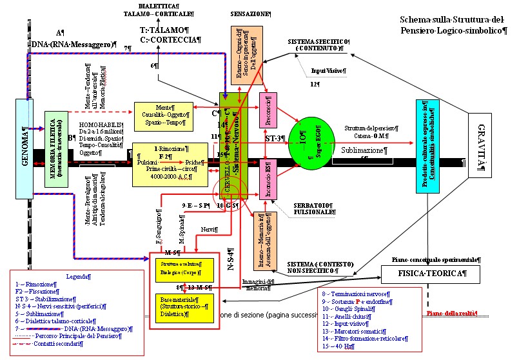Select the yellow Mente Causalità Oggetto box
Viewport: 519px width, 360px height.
(x=163, y=115)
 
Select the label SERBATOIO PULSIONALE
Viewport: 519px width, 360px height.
(x=296, y=208)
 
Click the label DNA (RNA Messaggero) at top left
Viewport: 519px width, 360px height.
(x=61, y=43)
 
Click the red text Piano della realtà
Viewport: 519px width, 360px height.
(x=451, y=313)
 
